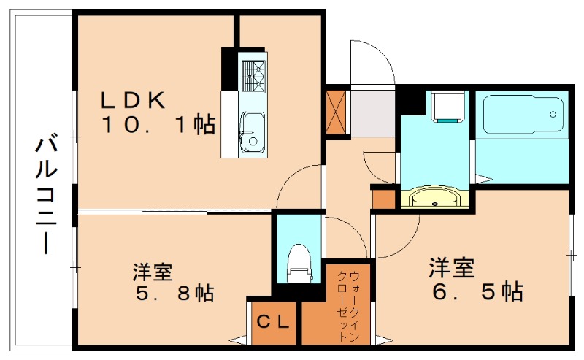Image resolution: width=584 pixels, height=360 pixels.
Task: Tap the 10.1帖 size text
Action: [x=158, y=126]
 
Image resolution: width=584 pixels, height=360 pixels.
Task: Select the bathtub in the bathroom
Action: [x=521, y=113]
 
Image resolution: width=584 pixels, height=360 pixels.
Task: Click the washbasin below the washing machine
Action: [x=436, y=198]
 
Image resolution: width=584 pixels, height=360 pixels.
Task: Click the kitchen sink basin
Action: [x=253, y=132]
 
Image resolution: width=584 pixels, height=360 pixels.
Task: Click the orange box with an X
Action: [x=337, y=112]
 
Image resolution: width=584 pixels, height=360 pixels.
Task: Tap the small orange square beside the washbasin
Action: [x=383, y=197]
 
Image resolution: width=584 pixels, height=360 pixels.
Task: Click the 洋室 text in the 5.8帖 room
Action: [x=152, y=272]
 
